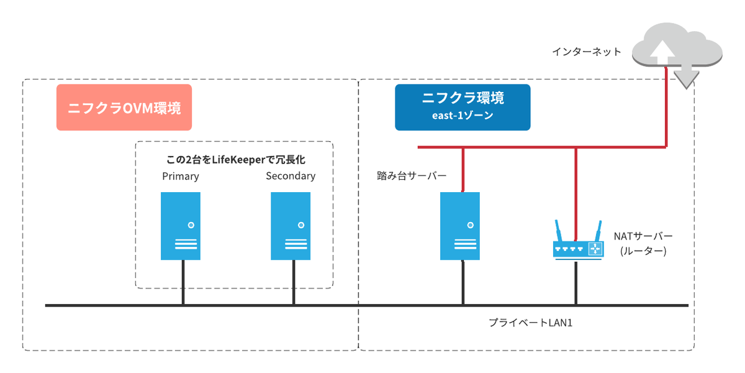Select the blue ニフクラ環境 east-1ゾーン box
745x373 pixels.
tap(463, 107)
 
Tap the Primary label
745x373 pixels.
tap(181, 176)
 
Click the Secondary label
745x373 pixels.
tap(291, 176)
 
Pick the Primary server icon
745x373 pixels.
tap(181, 226)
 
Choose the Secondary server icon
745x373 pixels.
tap(291, 226)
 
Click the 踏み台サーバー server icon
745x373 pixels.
tap(460, 226)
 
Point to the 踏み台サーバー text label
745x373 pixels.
tap(412, 176)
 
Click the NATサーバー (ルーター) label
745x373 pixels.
tap(643, 244)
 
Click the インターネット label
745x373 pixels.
tap(587, 52)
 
